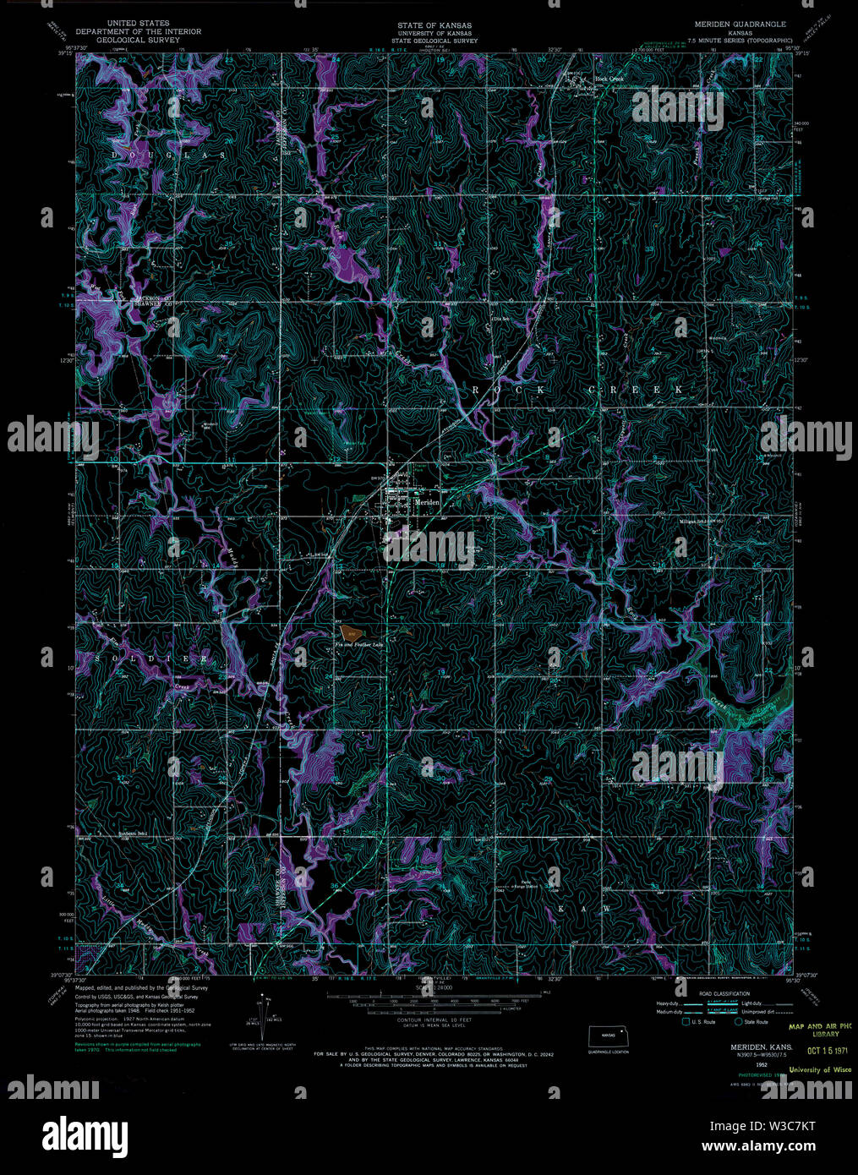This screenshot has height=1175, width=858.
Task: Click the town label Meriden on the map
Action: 427,501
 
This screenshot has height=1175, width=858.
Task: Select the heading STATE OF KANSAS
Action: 434,25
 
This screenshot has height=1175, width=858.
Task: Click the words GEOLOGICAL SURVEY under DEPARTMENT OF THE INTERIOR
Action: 138,40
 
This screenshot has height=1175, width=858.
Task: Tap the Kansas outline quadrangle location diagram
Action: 609,1034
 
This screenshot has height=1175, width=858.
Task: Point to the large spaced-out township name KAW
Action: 596,908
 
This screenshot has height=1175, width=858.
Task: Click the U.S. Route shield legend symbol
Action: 685,1022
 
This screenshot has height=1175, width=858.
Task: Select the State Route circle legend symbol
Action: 738,1022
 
